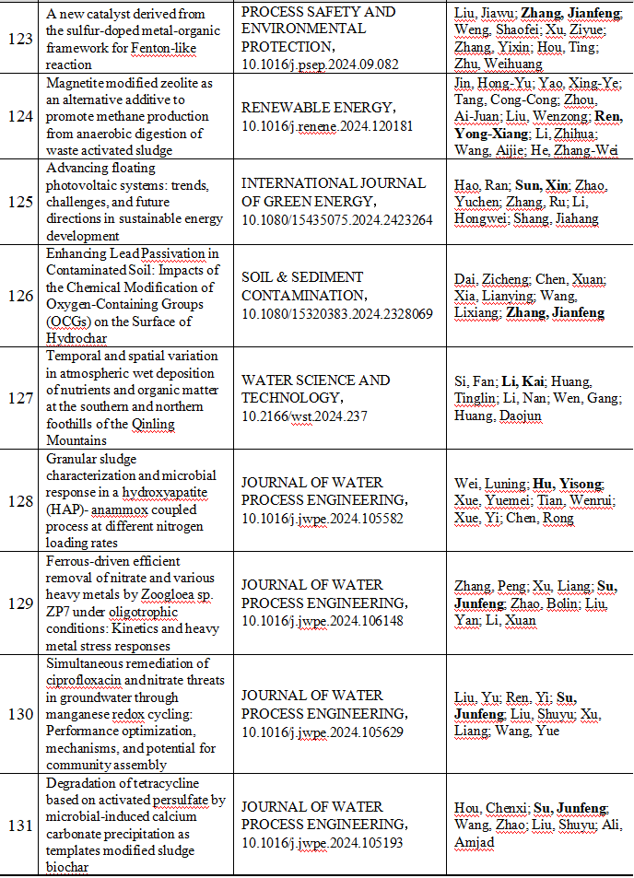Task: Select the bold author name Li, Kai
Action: coord(523,380)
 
